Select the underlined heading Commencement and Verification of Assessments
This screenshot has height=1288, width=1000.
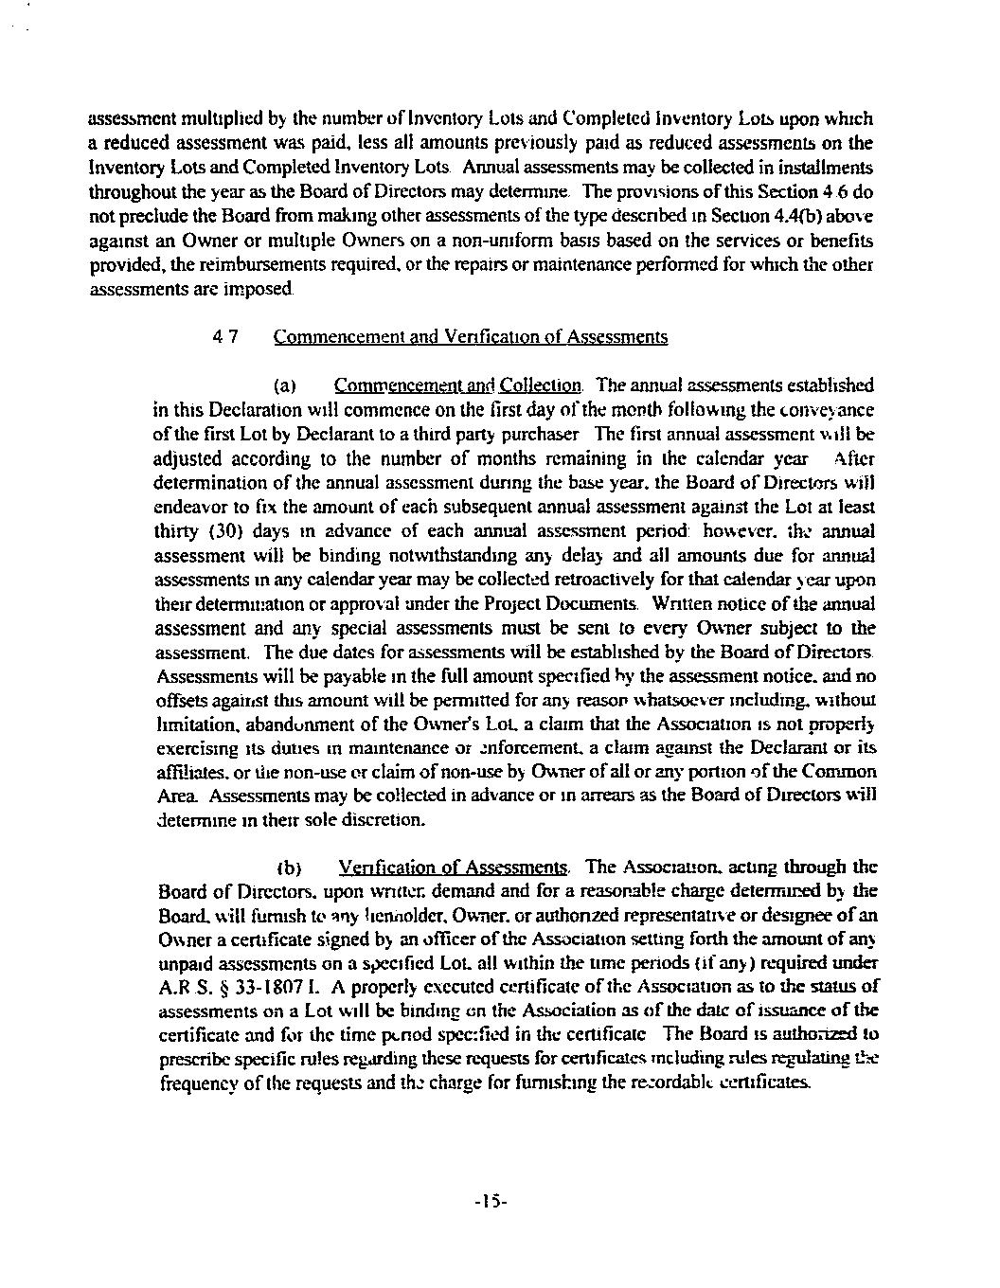pos(470,336)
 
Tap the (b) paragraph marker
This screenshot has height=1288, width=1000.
pos(288,868)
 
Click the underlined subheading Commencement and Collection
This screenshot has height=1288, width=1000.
pos(457,385)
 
